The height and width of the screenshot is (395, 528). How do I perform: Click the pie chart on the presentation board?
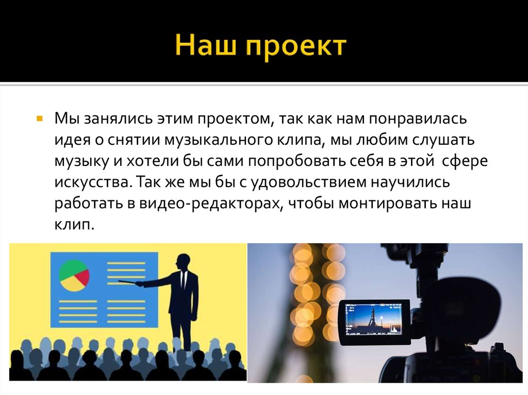click(x=74, y=276)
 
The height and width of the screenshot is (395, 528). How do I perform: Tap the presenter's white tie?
click(x=184, y=281)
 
